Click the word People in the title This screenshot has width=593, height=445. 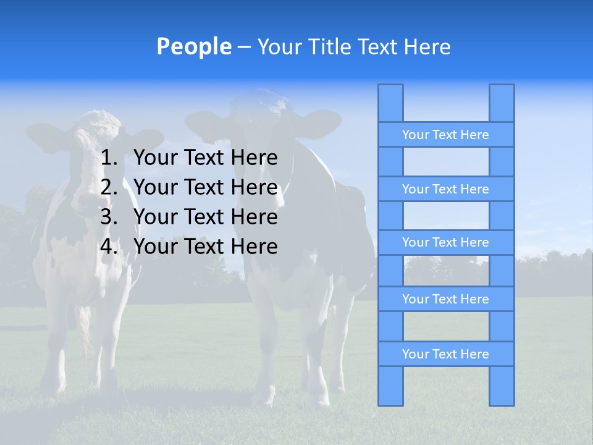193,46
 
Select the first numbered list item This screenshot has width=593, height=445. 205,158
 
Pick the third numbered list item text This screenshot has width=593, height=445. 205,217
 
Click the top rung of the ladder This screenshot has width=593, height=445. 445,135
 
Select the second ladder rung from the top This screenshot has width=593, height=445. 445,189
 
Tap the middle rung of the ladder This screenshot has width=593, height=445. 445,242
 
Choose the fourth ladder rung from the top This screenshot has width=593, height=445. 445,299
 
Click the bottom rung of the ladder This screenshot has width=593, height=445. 445,354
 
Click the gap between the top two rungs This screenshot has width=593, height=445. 445,162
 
